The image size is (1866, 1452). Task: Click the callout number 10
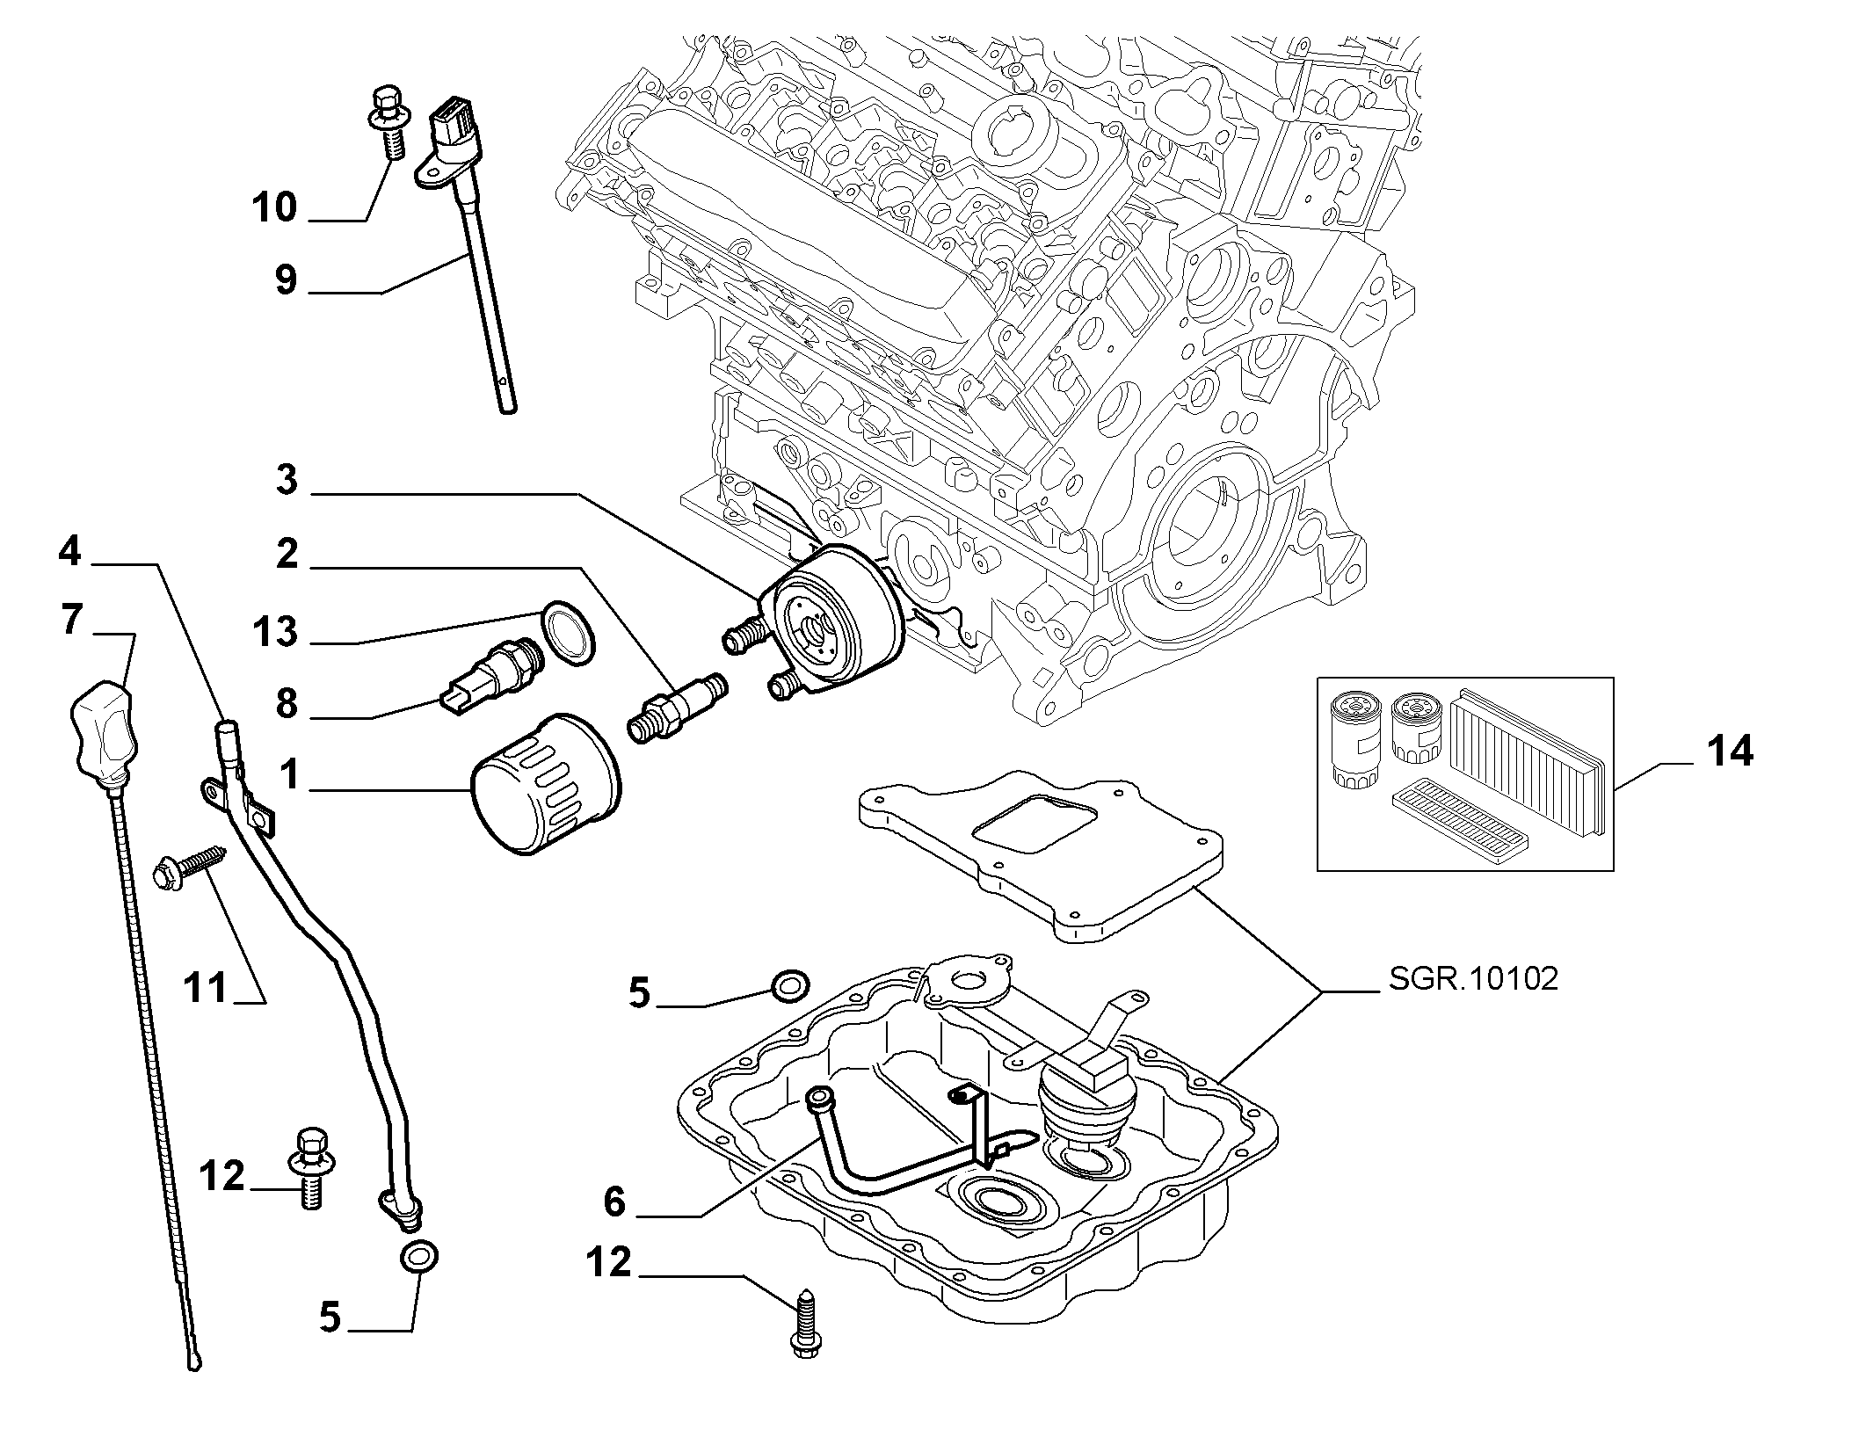tap(274, 208)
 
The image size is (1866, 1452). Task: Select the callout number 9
tap(286, 280)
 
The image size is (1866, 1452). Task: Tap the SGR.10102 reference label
tap(1473, 979)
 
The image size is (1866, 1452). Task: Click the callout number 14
tap(1730, 751)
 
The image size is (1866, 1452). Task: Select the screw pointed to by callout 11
tap(188, 866)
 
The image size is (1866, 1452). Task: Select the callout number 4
tap(70, 551)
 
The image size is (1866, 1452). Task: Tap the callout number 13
tap(274, 632)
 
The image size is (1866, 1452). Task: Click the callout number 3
tap(287, 481)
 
